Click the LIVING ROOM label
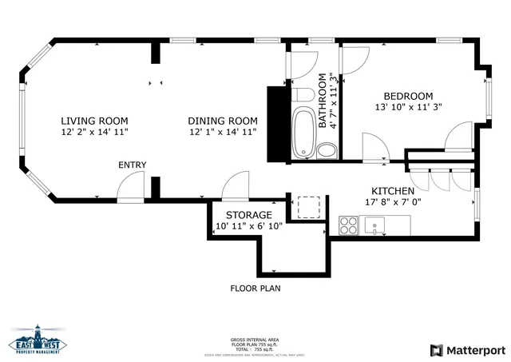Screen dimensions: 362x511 coord(94,121)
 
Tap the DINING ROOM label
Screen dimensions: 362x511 coord(223,121)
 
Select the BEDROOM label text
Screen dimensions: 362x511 coord(409,96)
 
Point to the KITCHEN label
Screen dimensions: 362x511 coord(392,191)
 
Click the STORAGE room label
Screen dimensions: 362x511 coord(248,215)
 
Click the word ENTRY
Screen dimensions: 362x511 coord(133,165)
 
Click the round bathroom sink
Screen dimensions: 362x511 coord(327,150)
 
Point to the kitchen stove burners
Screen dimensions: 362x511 coord(349,226)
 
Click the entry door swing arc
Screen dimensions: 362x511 coord(129,189)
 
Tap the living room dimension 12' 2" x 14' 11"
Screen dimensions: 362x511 coord(94,132)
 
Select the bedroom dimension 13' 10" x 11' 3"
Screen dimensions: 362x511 coord(409,106)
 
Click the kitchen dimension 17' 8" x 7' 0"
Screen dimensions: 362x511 coord(392,202)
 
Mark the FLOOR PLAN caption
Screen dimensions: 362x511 coord(255,288)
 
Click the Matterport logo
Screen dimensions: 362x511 coord(468,350)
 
